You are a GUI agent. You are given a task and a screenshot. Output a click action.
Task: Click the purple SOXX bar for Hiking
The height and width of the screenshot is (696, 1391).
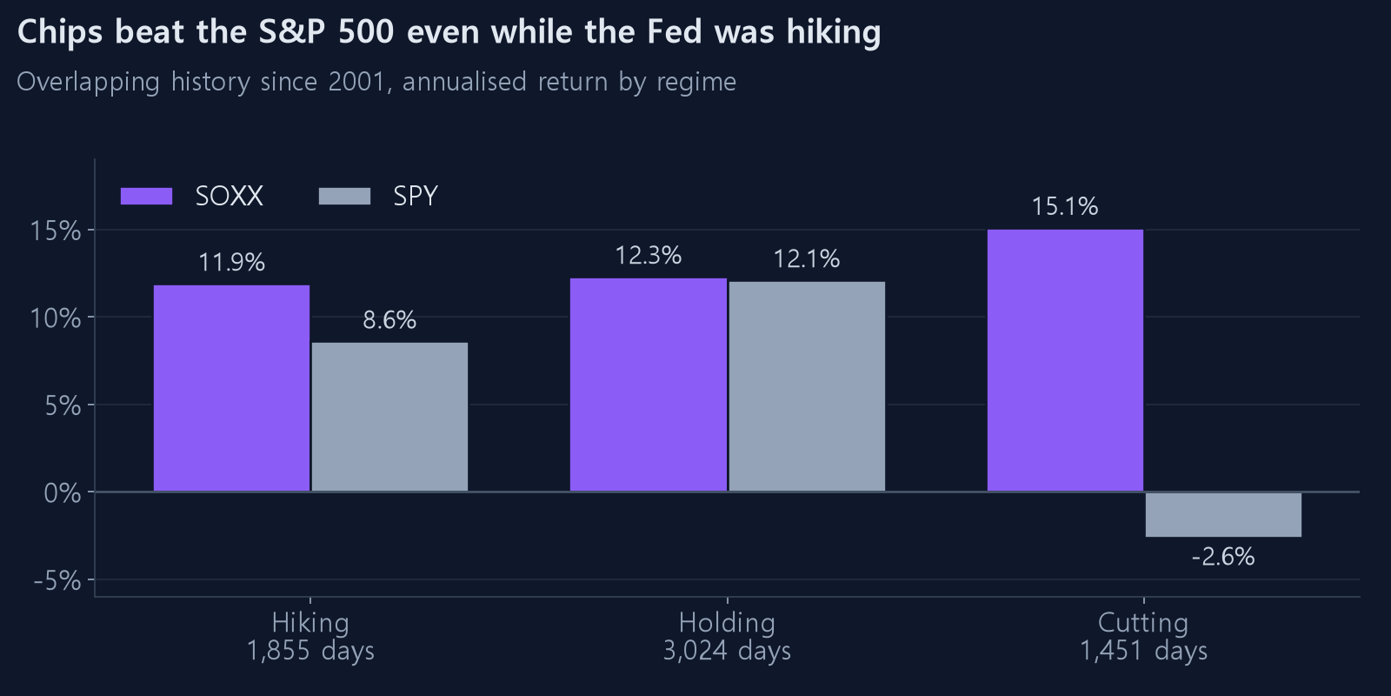pos(231,388)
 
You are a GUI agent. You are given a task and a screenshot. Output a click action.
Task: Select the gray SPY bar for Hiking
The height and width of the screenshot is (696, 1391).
pos(390,417)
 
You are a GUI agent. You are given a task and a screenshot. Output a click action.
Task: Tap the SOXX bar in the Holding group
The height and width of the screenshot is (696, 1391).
pos(649,385)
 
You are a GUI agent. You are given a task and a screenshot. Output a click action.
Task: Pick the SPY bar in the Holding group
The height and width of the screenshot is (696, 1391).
pos(807,386)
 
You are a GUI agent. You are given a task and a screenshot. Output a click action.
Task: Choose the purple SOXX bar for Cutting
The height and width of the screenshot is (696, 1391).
pos(1065,360)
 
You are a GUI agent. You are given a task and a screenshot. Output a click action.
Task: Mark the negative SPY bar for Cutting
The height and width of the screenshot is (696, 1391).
pos(1223,514)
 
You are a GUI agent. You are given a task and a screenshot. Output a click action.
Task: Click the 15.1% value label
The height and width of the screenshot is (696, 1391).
pos(1065,207)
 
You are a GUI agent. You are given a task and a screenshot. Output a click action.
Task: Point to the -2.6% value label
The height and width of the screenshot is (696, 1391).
pos(1223,557)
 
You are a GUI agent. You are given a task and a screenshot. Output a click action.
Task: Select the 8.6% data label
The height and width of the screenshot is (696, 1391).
pos(390,320)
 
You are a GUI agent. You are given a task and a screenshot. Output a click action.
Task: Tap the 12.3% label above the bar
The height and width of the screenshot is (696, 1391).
pos(649,256)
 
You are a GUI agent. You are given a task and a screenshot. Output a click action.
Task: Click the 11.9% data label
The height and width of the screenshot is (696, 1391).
pos(231,263)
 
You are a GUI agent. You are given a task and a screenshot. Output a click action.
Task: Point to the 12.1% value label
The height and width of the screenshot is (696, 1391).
pos(807,259)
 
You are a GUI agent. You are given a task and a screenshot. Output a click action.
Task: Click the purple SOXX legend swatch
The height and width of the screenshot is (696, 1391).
pos(147,197)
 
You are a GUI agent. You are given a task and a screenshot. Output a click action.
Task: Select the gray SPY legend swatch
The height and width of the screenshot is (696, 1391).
pos(344,197)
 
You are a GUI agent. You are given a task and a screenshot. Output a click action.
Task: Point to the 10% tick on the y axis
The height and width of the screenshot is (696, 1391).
pos(56,318)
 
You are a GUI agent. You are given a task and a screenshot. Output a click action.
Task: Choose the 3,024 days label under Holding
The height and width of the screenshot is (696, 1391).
pos(727,651)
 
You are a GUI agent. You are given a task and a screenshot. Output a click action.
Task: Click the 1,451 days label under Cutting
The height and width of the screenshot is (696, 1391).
pos(1144,651)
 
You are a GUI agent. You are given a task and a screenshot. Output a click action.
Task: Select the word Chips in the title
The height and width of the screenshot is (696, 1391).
pos(60,32)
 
